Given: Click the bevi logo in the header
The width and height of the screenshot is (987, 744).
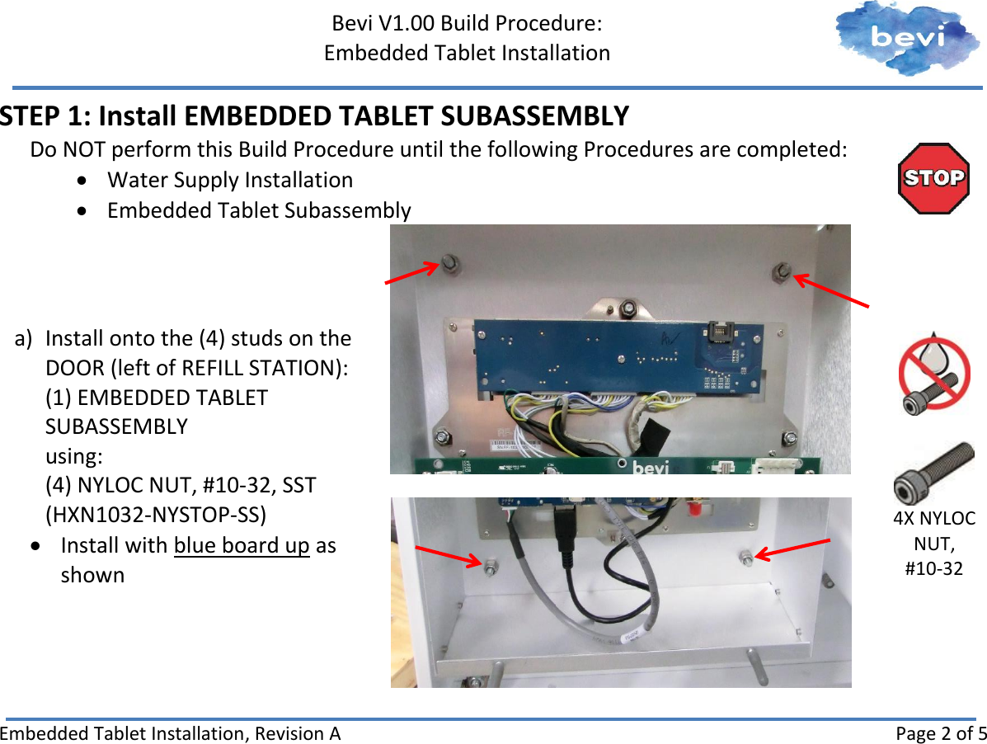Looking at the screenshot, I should [908, 38].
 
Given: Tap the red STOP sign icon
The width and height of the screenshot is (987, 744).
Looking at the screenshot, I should [933, 178].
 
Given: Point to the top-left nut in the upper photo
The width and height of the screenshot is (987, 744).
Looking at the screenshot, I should [450, 263].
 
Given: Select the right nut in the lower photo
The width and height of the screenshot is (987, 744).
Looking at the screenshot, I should [745, 557].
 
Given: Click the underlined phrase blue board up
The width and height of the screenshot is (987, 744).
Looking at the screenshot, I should [242, 545].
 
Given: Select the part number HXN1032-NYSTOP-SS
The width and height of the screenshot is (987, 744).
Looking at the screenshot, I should [156, 515].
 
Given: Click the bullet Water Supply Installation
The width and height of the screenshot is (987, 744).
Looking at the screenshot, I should [230, 180].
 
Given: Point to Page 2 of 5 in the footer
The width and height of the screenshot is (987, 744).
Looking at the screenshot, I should [940, 733].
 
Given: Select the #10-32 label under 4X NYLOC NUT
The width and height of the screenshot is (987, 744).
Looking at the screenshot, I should [933, 568].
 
